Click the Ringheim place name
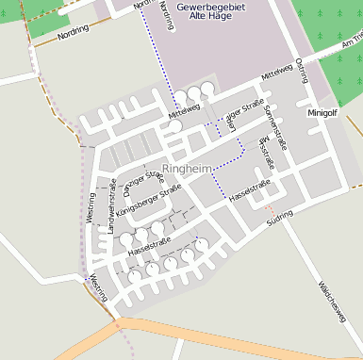(187, 168)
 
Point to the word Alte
(198, 16)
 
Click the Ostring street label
(301, 70)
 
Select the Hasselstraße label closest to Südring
(251, 189)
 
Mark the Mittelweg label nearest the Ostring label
(278, 72)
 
